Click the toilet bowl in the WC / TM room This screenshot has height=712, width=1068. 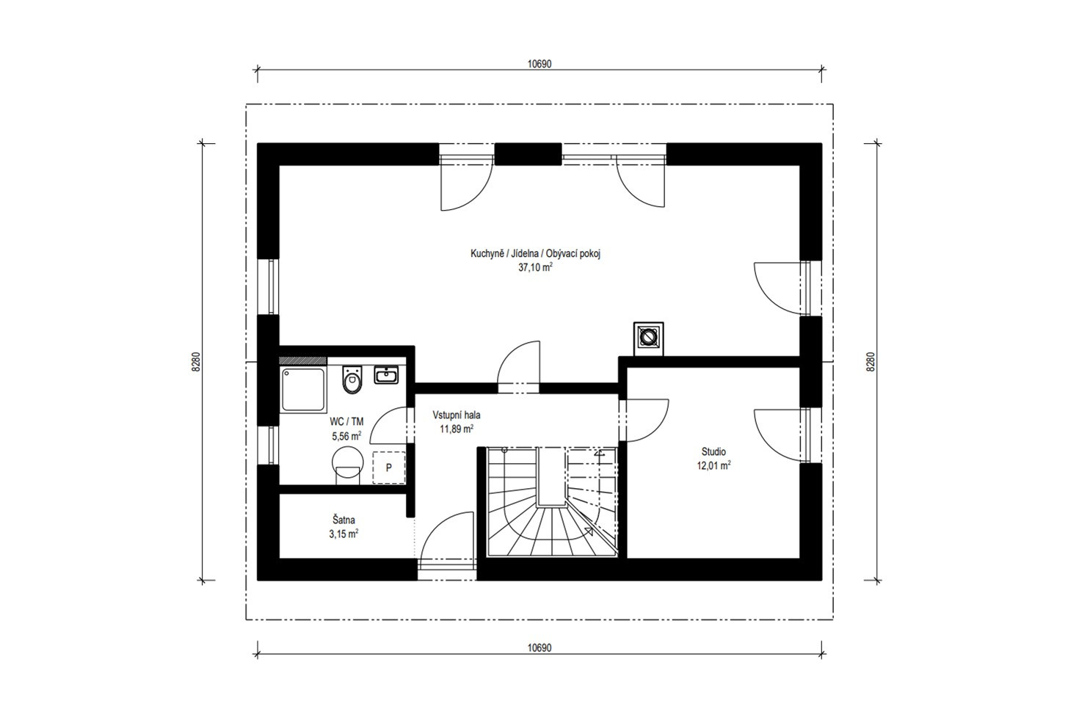click(352, 380)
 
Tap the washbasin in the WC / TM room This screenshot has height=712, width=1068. click(386, 375)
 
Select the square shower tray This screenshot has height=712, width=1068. click(302, 390)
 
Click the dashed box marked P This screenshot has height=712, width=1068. click(388, 468)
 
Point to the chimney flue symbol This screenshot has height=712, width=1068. click(648, 338)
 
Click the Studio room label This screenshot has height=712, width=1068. click(713, 451)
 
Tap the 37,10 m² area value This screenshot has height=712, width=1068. click(535, 267)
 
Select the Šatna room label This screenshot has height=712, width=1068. click(344, 520)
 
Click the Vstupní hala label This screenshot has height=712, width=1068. click(457, 415)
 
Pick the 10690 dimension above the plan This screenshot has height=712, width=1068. click(540, 64)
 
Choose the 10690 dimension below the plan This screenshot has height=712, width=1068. click(540, 647)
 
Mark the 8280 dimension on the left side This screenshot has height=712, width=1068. click(197, 362)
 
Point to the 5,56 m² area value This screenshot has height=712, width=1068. click(346, 436)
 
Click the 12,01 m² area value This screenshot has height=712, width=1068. click(713, 465)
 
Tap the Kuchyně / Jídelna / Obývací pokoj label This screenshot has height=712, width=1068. click(535, 254)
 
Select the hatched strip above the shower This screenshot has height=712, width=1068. click(303, 361)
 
